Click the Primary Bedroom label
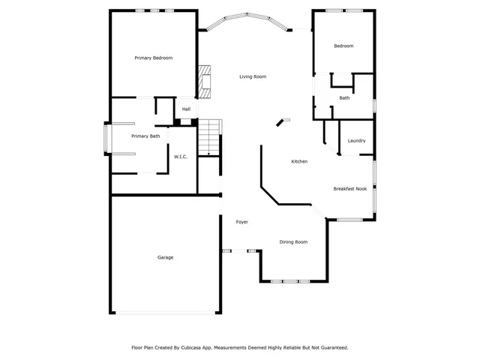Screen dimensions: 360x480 (154, 58)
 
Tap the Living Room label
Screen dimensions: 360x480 (253, 76)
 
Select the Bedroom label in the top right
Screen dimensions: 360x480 (343, 46)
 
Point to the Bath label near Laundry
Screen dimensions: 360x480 (344, 98)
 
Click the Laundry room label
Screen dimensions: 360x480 (357, 140)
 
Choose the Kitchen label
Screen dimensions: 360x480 (299, 161)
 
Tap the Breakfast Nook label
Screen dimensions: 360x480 (350, 189)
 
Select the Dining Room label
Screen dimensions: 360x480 (293, 241)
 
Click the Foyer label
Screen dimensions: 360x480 (242, 222)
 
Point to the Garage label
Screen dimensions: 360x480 (165, 257)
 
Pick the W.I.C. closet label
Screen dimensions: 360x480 (180, 157)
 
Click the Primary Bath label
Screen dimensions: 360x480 (145, 136)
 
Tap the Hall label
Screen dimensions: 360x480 (186, 109)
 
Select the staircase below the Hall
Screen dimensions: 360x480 (209, 136)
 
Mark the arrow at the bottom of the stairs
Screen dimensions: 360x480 (209, 151)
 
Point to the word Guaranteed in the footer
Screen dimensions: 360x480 (331, 348)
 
